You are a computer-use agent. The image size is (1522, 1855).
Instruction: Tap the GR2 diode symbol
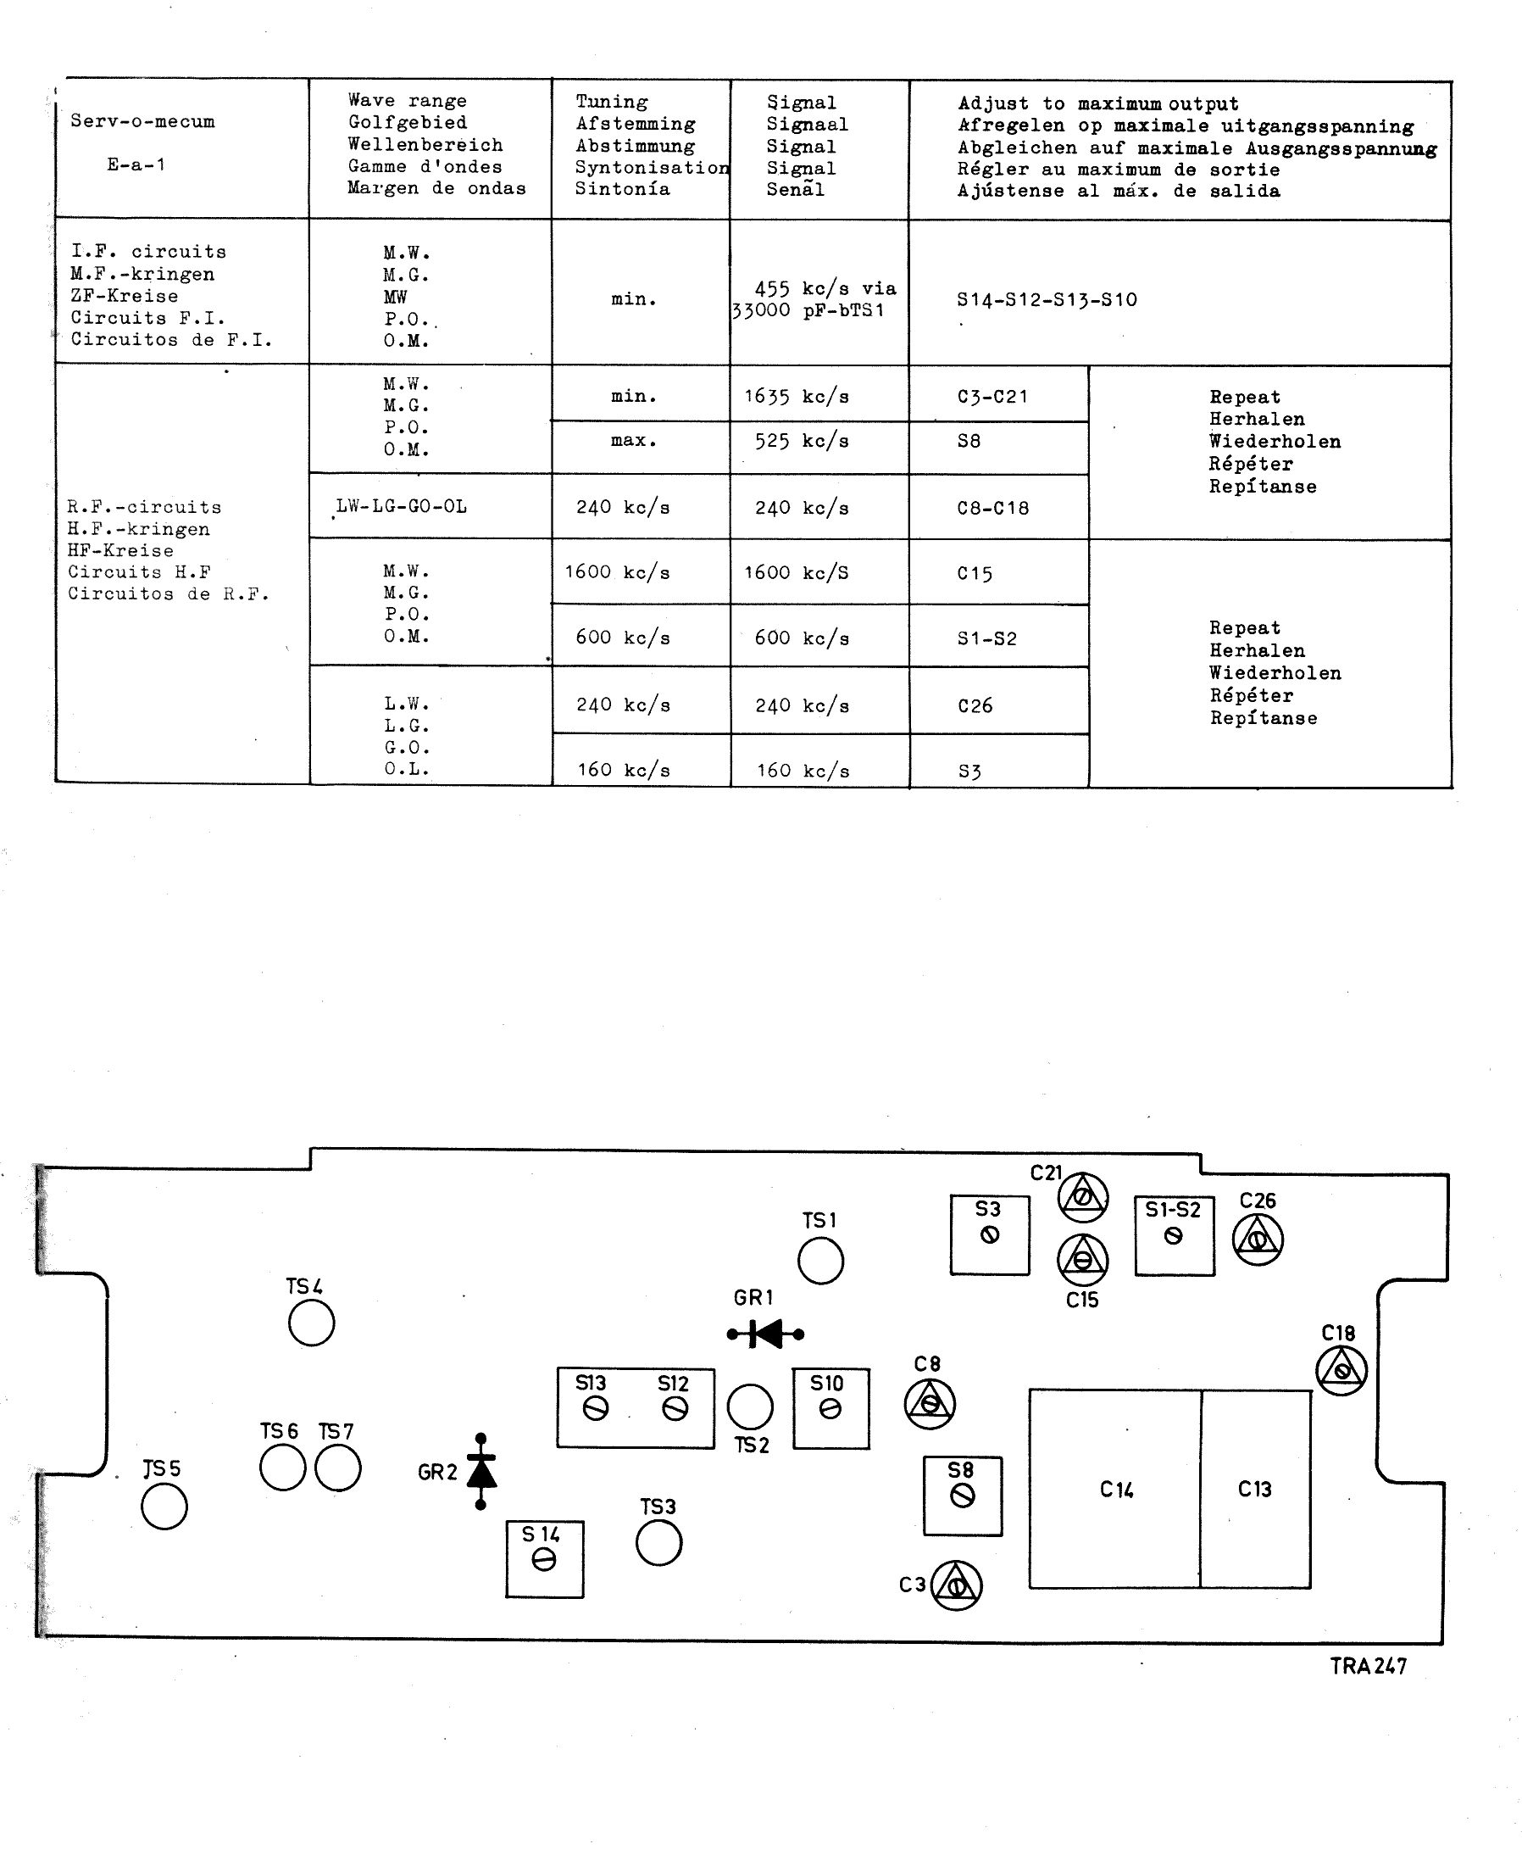[x=480, y=1471]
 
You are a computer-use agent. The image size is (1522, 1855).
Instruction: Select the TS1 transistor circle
[x=820, y=1262]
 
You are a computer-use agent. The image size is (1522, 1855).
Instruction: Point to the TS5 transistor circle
[x=164, y=1507]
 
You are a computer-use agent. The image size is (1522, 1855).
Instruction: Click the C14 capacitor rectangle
[x=1115, y=1489]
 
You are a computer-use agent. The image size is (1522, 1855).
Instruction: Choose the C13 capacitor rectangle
[x=1255, y=1489]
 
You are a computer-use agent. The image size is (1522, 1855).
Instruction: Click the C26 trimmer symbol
[x=1258, y=1239]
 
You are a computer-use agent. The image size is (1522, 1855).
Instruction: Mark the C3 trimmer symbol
[x=956, y=1585]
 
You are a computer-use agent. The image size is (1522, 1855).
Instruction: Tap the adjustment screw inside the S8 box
[x=963, y=1496]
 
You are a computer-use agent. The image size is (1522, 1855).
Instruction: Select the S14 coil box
[x=544, y=1558]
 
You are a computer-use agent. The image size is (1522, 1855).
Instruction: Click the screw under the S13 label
[x=595, y=1408]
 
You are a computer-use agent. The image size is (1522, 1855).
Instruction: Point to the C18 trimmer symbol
[x=1341, y=1370]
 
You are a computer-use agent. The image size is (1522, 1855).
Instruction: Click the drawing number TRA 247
[x=1368, y=1666]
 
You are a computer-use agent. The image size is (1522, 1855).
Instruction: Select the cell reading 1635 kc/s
[x=797, y=397]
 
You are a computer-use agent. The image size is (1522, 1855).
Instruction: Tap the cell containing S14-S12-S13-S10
[x=1047, y=300]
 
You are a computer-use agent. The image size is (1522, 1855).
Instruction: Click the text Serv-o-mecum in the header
[x=142, y=121]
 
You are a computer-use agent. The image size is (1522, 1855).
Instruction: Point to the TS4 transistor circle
[x=311, y=1323]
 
